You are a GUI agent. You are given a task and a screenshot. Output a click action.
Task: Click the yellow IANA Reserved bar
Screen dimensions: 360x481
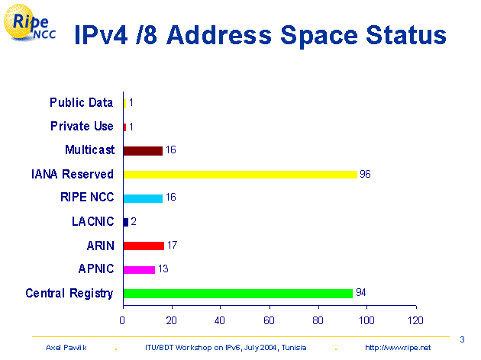click(240, 174)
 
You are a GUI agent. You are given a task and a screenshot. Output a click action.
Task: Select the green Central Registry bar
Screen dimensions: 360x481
click(237, 293)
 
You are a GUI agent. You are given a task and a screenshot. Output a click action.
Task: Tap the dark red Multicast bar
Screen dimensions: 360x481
click(143, 150)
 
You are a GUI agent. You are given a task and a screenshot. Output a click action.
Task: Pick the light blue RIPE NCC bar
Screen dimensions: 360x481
click(143, 198)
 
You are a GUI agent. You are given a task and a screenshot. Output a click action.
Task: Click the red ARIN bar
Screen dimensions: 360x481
click(144, 246)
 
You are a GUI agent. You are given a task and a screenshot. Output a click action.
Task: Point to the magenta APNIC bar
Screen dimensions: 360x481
click(139, 269)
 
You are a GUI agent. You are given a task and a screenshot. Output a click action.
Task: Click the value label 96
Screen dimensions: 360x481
click(365, 174)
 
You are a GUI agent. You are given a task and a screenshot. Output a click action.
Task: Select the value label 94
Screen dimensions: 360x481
click(361, 293)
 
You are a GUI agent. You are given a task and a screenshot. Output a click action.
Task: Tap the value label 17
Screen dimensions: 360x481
click(172, 246)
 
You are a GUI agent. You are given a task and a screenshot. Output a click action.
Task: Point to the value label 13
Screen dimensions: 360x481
click(163, 269)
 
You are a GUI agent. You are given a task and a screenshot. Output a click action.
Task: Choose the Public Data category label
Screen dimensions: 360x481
click(81, 102)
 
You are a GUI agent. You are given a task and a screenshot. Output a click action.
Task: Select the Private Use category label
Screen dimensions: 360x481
click(82, 126)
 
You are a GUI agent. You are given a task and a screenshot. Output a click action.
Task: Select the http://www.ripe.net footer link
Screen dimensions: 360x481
click(398, 347)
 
